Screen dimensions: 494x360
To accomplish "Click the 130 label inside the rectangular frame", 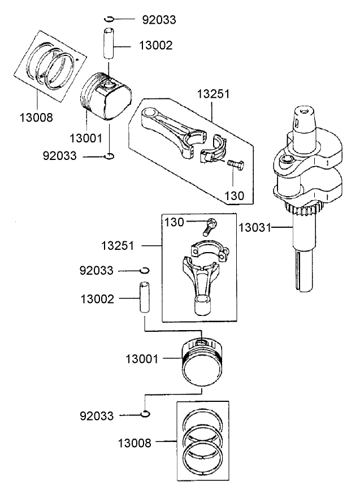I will (174, 223).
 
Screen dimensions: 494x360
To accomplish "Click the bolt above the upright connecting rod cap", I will (209, 227).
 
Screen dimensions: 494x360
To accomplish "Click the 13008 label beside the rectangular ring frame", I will (135, 443).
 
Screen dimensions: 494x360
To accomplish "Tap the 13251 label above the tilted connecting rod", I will (213, 94).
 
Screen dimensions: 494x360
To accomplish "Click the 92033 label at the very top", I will (159, 20).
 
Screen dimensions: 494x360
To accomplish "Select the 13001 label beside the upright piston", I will (143, 358).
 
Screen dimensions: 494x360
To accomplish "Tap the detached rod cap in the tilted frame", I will (215, 150).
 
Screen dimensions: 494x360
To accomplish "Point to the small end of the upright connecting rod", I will (202, 306).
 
